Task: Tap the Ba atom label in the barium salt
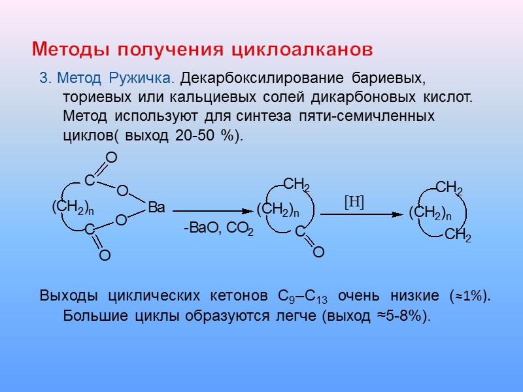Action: tap(157, 208)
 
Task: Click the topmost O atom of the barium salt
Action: tap(111, 157)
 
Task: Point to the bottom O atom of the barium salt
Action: tap(105, 257)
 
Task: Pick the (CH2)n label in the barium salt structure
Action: tap(73, 207)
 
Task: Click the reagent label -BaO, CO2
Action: tap(218, 229)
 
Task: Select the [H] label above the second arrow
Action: tap(354, 202)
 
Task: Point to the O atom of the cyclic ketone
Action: tap(318, 252)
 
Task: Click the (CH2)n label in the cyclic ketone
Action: tap(278, 210)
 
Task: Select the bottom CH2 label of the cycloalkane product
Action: tap(458, 236)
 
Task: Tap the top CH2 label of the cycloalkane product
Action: tap(449, 189)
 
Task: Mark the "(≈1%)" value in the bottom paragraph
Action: tap(469, 296)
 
